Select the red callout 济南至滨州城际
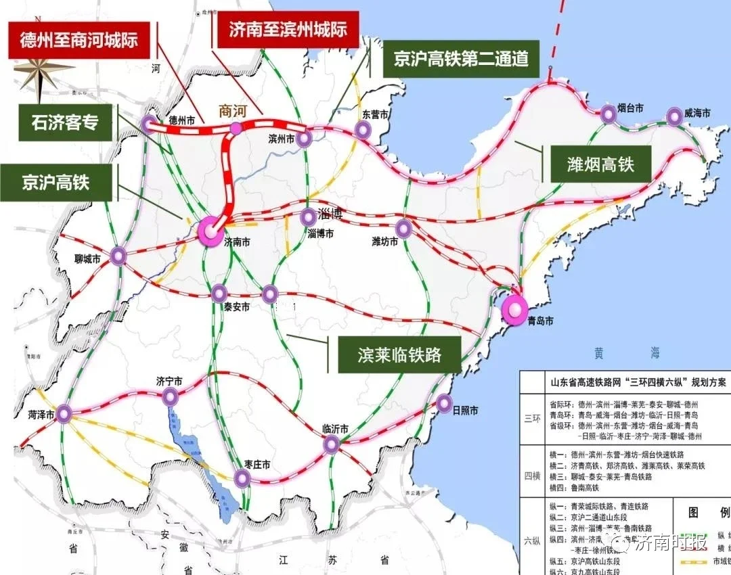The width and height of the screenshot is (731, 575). tap(288, 30)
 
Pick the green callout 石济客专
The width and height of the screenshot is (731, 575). tap(64, 122)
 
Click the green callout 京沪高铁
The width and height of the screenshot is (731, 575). tap(56, 182)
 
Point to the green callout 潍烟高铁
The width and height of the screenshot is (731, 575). tap(600, 163)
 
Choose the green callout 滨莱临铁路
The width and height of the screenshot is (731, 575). tap(399, 354)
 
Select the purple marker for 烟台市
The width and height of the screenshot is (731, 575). tap(608, 116)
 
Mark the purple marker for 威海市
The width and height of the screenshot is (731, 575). tap(674, 116)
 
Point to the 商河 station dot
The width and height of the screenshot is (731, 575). tap(235, 128)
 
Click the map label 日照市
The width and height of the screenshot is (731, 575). tap(465, 411)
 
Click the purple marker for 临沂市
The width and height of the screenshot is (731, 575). tap(332, 444)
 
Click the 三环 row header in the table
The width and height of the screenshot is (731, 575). tap(532, 418)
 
